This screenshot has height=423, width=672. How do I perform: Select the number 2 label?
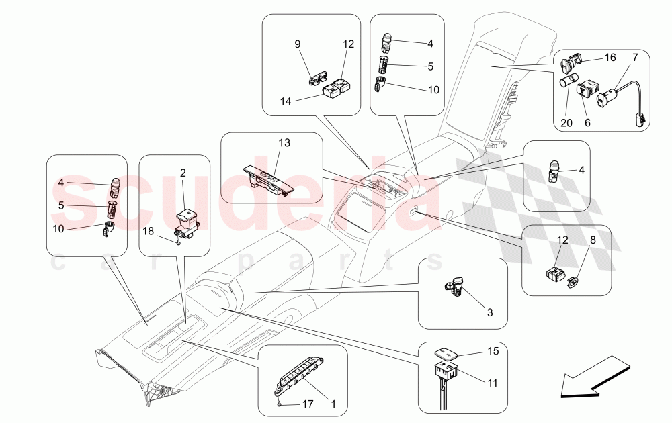tap(182, 173)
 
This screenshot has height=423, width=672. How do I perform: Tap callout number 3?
tap(489, 312)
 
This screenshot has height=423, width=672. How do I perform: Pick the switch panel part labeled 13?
tap(267, 182)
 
